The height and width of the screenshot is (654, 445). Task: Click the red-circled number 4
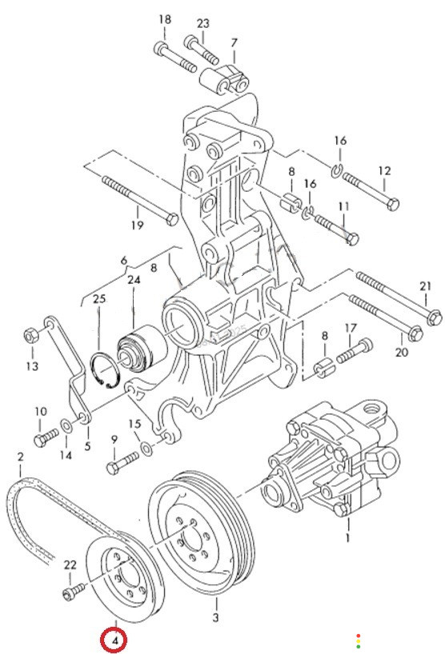click(x=114, y=640)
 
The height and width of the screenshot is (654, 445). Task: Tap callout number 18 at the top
click(x=165, y=19)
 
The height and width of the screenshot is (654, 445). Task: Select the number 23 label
click(x=202, y=23)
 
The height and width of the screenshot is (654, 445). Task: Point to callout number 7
click(x=234, y=42)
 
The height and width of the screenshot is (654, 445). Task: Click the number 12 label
click(x=384, y=170)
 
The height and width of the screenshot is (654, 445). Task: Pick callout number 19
click(x=138, y=225)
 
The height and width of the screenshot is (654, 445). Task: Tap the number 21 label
click(x=425, y=286)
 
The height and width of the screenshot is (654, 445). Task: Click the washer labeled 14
click(x=66, y=425)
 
